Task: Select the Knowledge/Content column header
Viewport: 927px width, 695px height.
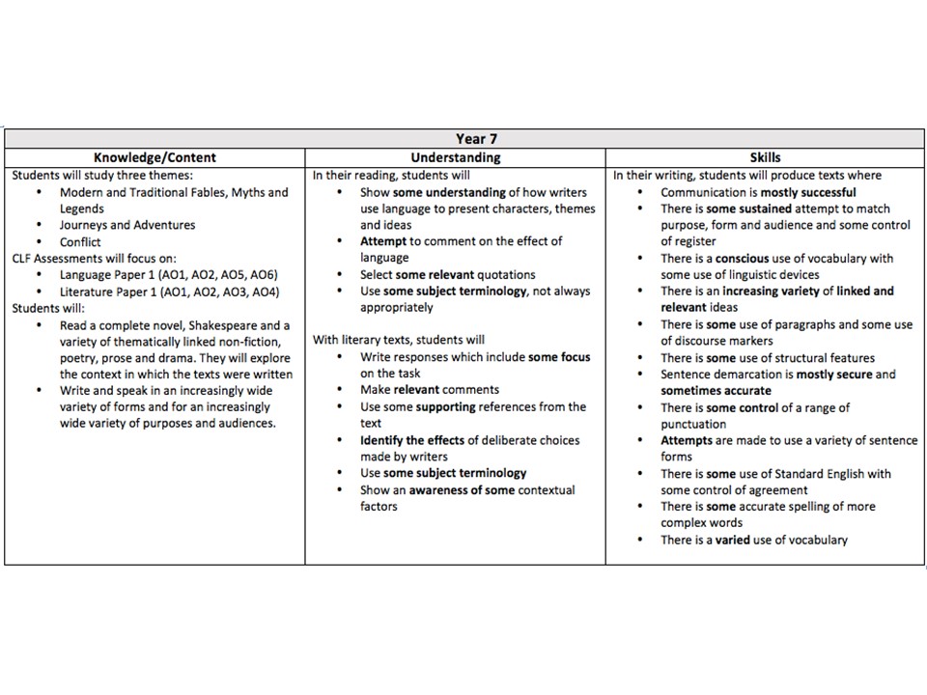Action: pos(154,157)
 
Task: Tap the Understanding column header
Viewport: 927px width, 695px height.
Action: pos(455,157)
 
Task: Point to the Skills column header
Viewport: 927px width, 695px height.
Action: pos(765,157)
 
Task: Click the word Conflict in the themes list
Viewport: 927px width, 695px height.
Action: pos(80,242)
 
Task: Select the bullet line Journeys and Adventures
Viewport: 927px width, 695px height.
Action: pos(127,225)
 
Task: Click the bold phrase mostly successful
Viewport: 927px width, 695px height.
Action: pos(807,192)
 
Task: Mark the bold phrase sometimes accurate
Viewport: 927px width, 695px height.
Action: pos(716,391)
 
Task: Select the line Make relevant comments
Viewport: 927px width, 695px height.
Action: pos(430,390)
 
